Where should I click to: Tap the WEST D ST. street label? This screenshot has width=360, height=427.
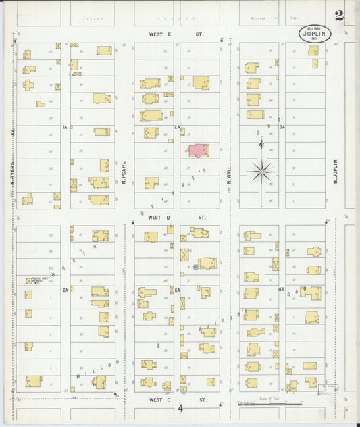[176, 218]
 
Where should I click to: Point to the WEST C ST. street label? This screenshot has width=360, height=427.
[176, 399]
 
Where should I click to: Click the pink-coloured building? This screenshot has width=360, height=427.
[198, 150]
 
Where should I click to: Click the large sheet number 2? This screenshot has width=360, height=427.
[338, 16]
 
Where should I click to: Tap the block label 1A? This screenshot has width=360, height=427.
[65, 127]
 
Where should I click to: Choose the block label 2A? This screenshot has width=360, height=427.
[177, 127]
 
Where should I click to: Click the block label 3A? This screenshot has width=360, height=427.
[282, 127]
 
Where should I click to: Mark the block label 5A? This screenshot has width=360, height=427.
[177, 291]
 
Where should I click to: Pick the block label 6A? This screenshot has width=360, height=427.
[66, 291]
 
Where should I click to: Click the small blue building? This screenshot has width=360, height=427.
[196, 268]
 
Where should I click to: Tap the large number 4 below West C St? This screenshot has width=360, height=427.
[180, 409]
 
